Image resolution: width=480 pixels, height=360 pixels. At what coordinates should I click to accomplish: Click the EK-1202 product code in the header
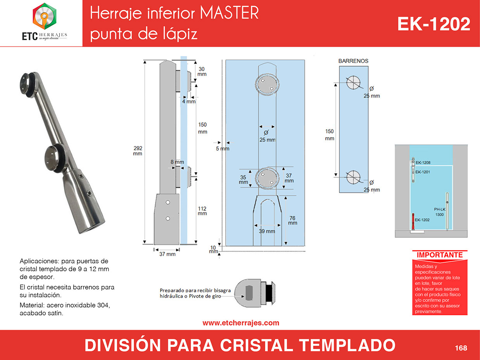click(x=433, y=24)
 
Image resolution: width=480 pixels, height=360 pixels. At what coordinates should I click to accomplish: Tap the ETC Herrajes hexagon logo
click(x=45, y=16)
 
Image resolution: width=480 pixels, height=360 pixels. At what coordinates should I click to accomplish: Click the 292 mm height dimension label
click(x=138, y=151)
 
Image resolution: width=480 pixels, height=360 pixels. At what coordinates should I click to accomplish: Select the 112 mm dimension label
click(x=202, y=211)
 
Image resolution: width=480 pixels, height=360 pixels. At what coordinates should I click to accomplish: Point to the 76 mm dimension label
click(x=293, y=220)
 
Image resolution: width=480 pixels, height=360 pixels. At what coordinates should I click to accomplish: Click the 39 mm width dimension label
click(x=267, y=231)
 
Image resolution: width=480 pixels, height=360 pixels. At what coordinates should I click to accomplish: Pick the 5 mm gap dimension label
click(x=223, y=149)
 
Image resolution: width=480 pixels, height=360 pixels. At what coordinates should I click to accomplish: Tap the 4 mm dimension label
click(x=189, y=102)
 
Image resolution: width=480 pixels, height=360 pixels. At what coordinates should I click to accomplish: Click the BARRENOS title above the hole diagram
click(x=353, y=61)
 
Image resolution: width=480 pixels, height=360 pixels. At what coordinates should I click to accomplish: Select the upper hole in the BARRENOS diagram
click(x=353, y=83)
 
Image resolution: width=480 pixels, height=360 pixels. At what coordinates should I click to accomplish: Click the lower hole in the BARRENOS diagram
click(x=353, y=177)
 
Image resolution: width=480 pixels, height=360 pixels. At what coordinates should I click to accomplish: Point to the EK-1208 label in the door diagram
click(x=423, y=163)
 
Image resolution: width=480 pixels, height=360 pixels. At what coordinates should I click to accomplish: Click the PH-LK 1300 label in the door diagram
click(x=440, y=212)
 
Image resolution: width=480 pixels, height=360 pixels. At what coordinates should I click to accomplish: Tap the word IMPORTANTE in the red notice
click(x=440, y=255)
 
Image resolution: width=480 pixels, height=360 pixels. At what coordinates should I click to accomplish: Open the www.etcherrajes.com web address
click(x=241, y=323)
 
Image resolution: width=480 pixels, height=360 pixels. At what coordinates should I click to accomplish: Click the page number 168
click(x=461, y=348)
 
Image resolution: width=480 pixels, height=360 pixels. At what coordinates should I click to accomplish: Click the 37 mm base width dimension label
click(x=167, y=254)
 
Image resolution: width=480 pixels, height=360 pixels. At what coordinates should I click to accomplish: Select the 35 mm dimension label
click(x=243, y=179)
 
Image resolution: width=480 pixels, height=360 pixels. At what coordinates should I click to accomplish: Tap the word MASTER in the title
click(x=229, y=13)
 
